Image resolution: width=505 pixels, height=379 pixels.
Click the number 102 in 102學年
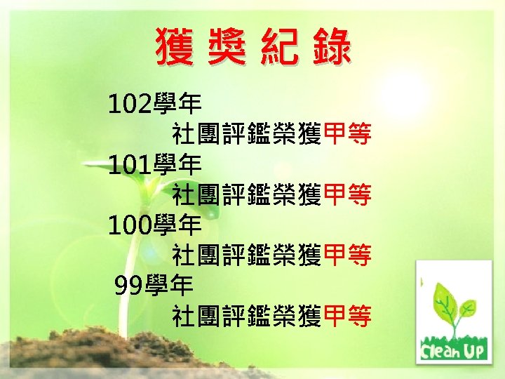[130, 105]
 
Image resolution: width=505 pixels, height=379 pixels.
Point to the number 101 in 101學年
[130, 166]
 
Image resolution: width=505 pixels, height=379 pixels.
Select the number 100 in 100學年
[130, 225]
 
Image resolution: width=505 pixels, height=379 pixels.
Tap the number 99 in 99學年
[128, 286]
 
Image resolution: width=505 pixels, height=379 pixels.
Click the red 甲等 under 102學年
[347, 134]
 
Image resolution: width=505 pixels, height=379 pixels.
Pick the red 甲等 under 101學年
[347, 195]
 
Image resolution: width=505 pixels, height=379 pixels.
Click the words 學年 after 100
[177, 225]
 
